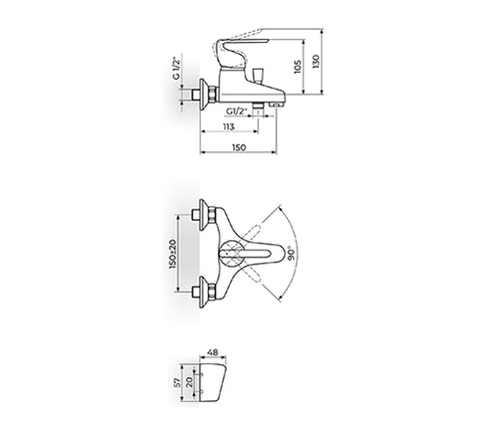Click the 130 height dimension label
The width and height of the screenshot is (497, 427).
coord(316,62)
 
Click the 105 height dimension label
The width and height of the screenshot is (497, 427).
coord(298,67)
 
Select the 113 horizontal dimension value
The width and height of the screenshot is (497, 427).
coord(229,126)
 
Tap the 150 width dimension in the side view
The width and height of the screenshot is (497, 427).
coord(239,147)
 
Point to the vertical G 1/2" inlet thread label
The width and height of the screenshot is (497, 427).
coord(176,66)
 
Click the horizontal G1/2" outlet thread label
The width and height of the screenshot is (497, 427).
coord(237,111)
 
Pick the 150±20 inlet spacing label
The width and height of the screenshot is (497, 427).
coord(173,254)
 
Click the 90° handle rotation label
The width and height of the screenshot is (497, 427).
coord(293,254)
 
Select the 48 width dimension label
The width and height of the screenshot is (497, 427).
coord(212,352)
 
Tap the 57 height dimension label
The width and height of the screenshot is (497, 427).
coord(177,382)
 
